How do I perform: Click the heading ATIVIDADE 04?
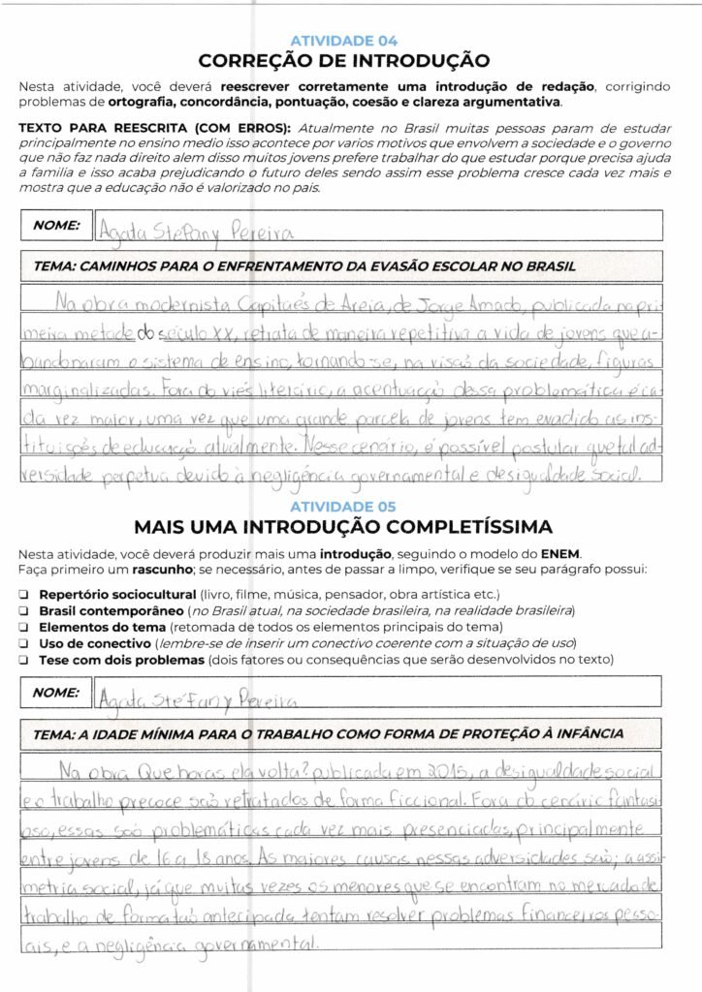coord(344,41)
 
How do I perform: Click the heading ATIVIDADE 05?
coord(344,506)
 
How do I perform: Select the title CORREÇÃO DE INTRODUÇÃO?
coord(344,60)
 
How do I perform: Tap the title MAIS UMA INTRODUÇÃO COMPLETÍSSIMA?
coord(343,526)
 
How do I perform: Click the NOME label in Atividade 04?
coord(55,225)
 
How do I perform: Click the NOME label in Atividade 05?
coord(55,693)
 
